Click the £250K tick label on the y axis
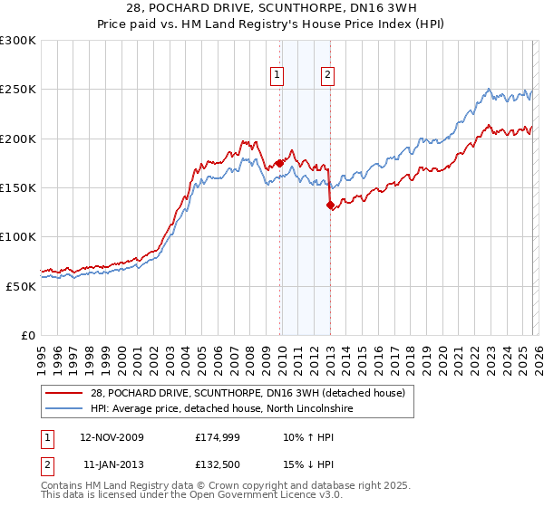pyautogui.click(x=18, y=90)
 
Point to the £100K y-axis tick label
pyautogui.click(x=18, y=236)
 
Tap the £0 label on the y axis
pyautogui.click(x=27, y=335)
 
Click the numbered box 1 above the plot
pyautogui.click(x=276, y=76)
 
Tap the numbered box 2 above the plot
pyautogui.click(x=326, y=76)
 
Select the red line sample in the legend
pyautogui.click(x=63, y=392)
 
